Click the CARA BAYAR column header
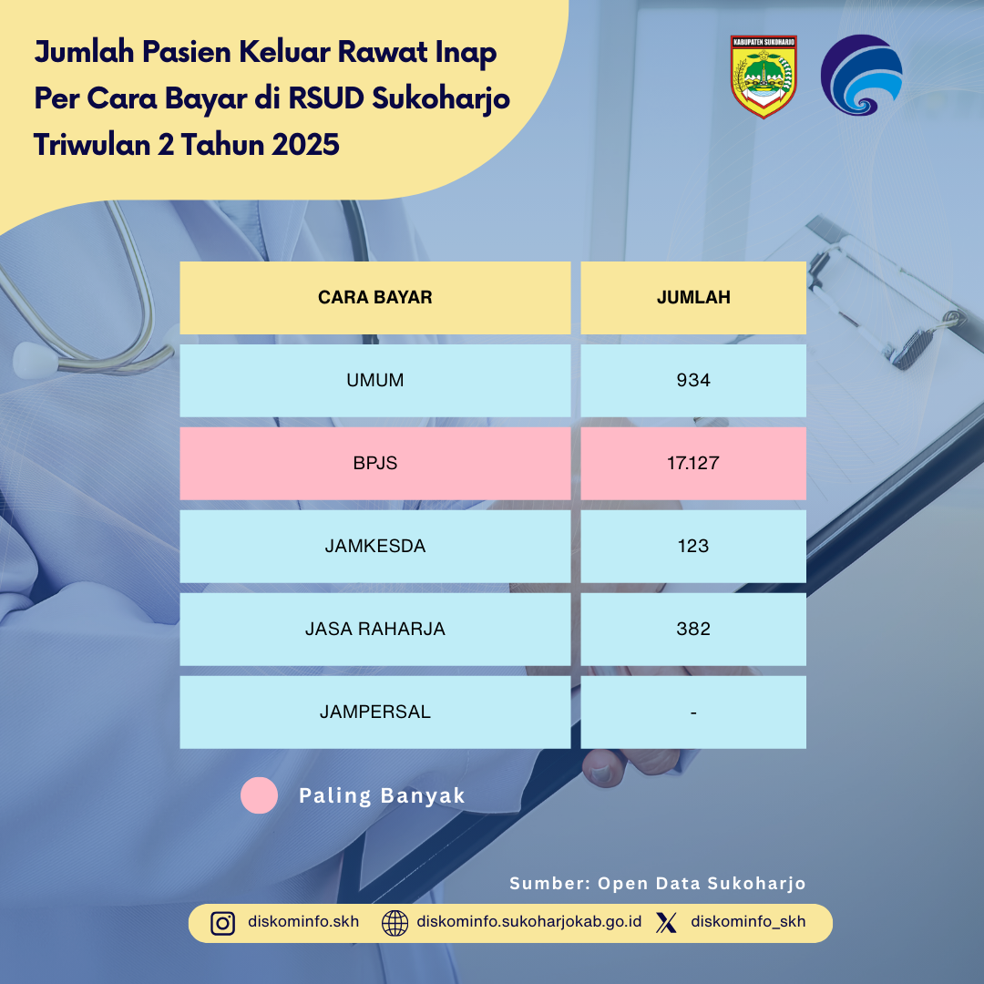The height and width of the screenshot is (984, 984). point(374,297)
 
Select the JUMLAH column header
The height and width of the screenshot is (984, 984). point(692,297)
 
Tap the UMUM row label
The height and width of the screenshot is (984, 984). point(374,380)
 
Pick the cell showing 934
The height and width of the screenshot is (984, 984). point(692,380)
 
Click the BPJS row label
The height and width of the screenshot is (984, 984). point(374,463)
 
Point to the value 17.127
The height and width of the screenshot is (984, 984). point(692,463)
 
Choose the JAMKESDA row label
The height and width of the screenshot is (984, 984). point(374,546)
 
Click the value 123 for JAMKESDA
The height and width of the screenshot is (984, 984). point(692,546)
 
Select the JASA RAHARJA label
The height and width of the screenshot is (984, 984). point(374,629)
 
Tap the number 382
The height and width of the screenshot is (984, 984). point(692,629)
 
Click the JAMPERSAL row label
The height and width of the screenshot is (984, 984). point(374,712)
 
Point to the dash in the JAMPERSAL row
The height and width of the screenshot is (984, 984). point(692,712)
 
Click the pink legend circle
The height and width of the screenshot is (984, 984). point(259,795)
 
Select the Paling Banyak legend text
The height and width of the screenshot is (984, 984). point(382,795)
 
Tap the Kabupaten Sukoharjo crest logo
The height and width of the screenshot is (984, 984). point(764,77)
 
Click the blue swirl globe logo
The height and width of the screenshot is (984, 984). point(861,76)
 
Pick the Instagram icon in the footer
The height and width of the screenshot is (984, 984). point(223,923)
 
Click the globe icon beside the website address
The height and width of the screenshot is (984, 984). point(395,923)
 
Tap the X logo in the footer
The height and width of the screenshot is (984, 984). point(666,922)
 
